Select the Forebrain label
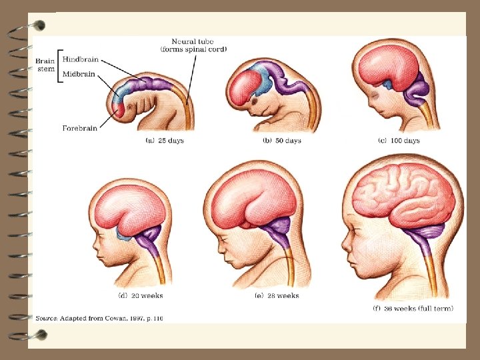79,127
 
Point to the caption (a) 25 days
165,141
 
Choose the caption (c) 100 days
398,141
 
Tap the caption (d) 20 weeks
139,295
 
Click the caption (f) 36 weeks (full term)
413,308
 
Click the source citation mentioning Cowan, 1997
99,319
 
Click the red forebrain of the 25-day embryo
117,111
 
